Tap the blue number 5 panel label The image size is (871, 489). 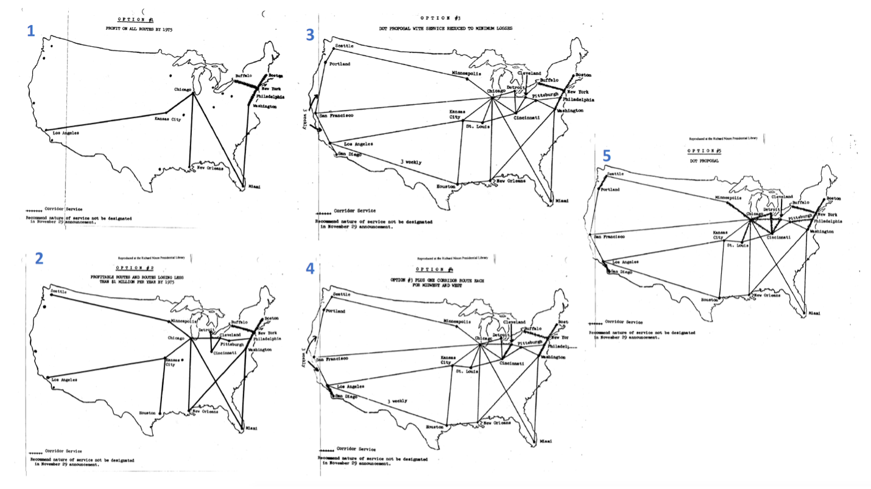coord(606,156)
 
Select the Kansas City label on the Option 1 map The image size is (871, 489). coord(168,119)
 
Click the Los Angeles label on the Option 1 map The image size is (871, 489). coord(66,133)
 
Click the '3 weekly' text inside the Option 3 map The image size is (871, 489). coord(411,162)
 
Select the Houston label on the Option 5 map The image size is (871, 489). coord(710,300)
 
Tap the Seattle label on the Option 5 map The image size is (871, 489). coord(616,174)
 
